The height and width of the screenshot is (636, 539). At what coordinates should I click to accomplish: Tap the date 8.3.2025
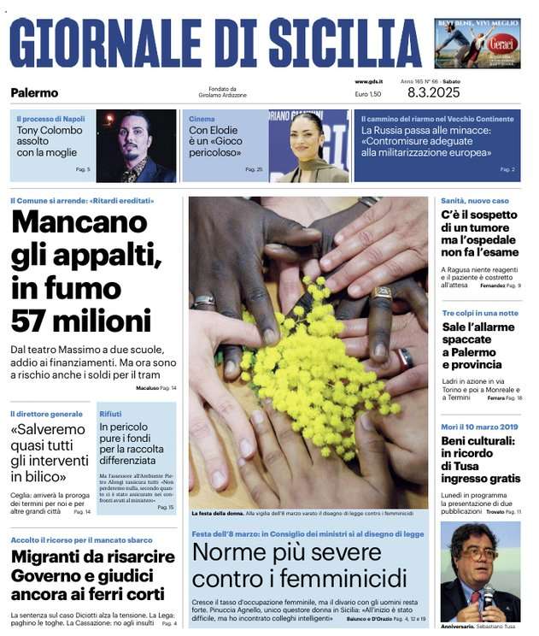433,92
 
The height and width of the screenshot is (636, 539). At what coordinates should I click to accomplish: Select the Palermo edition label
34,92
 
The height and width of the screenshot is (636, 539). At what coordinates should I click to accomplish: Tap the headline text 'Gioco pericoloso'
215,147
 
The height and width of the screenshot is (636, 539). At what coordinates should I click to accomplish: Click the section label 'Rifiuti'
110,414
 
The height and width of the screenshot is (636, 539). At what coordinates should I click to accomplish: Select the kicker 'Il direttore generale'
46,414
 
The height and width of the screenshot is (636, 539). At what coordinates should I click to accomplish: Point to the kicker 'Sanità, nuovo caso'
474,201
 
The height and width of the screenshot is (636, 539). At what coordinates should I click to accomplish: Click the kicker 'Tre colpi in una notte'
479,313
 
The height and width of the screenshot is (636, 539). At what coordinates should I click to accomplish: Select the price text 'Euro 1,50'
368,93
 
